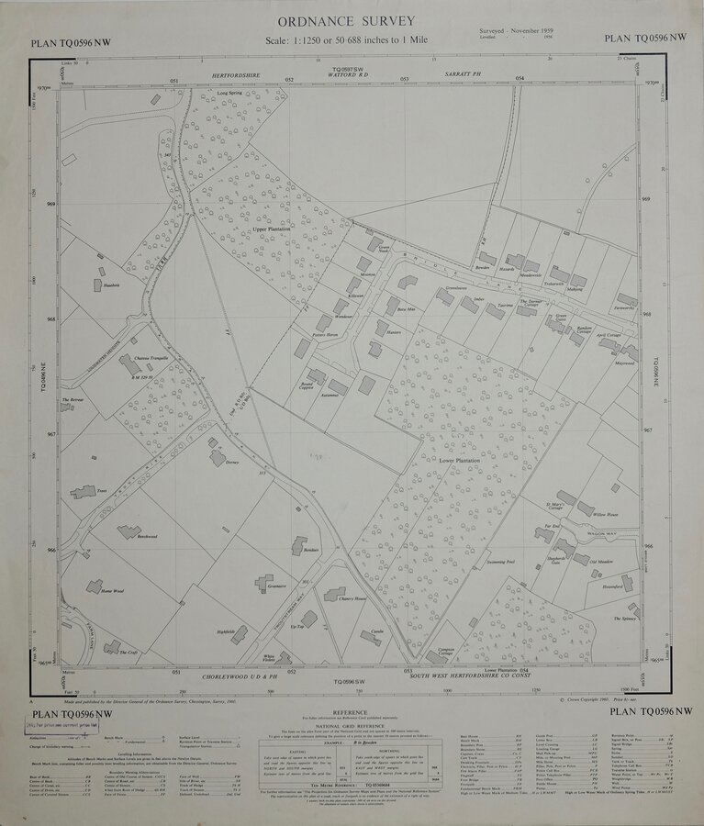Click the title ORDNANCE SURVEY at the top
pos(352,21)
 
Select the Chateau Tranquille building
pos(129,364)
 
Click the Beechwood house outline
pos(129,531)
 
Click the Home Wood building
pos(95,586)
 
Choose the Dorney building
pos(218,456)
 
